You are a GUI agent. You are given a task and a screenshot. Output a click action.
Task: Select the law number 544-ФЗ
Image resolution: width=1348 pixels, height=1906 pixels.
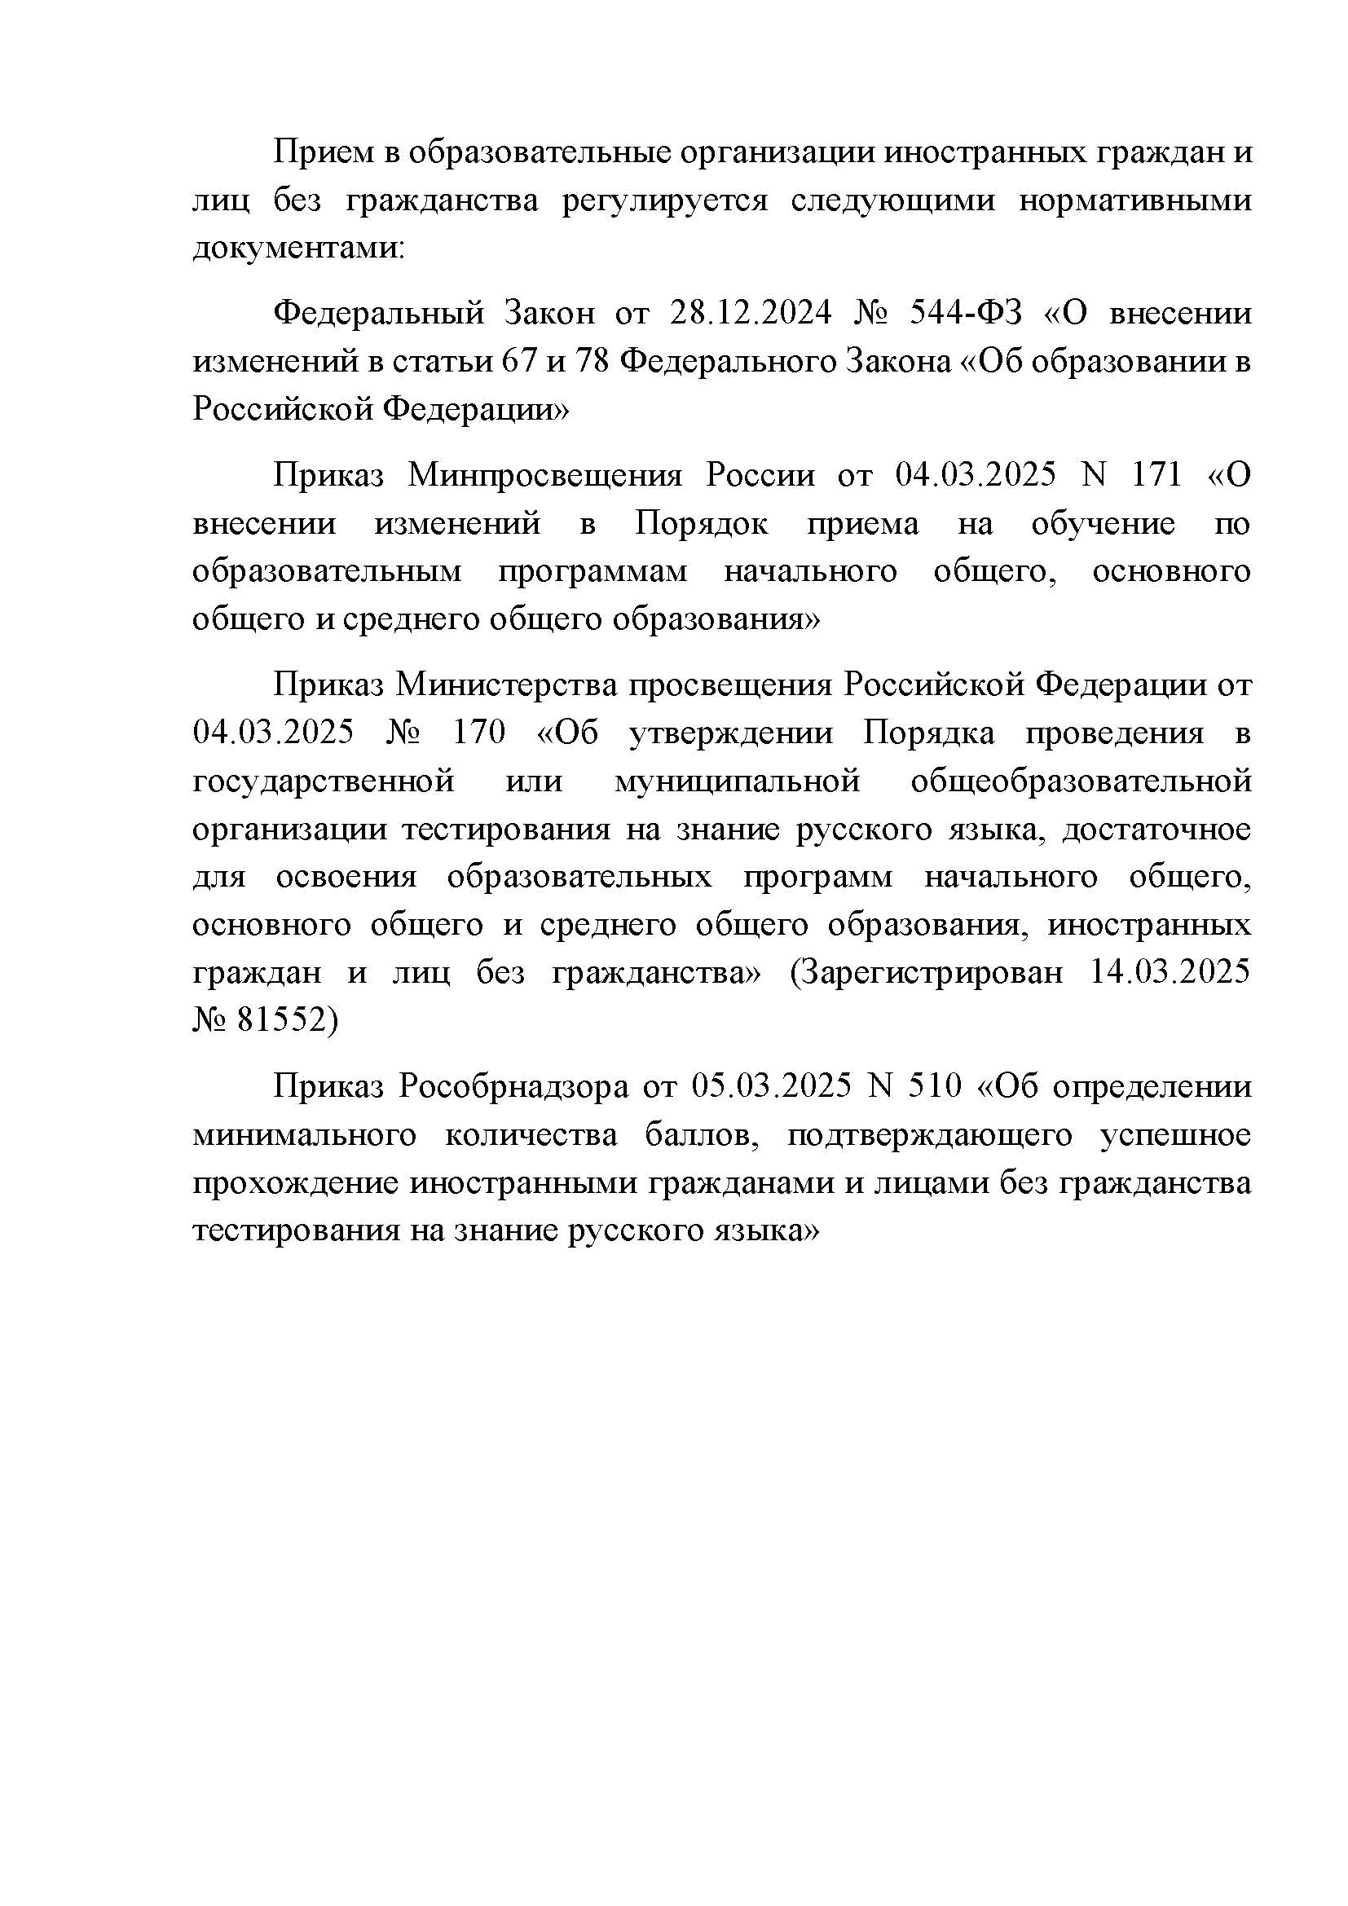pyautogui.click(x=967, y=314)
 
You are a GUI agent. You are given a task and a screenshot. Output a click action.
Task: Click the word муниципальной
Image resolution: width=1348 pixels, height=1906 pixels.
pyautogui.click(x=736, y=781)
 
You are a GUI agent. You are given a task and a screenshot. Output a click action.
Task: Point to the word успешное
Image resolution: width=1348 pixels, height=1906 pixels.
pyautogui.click(x=1174, y=1135)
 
